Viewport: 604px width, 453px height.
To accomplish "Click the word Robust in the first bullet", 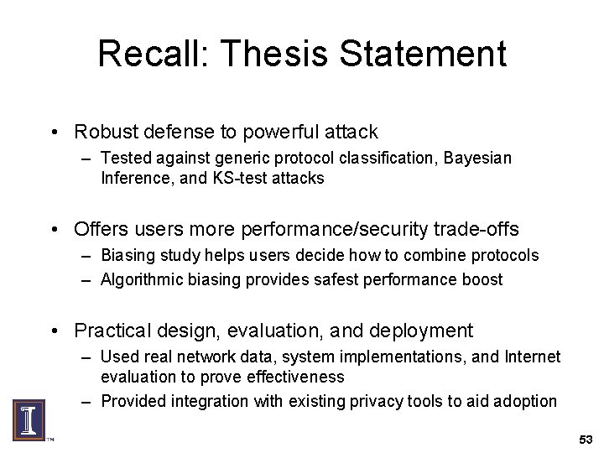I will coord(103,132).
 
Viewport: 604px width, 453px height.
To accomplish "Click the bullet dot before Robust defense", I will coord(54,133).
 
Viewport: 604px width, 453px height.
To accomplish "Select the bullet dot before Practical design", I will coord(54,331).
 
